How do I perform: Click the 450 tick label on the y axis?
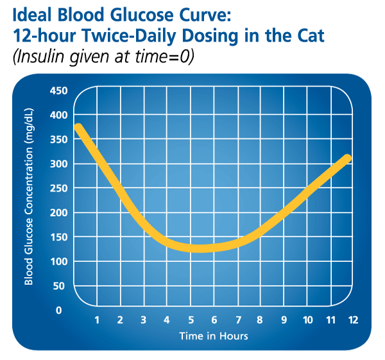[58, 90]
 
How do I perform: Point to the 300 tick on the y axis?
[58, 164]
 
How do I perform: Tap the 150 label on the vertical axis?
[58, 237]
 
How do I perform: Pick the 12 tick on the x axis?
[354, 320]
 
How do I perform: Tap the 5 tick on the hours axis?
[191, 320]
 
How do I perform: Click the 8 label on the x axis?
[261, 320]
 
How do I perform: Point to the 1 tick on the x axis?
[97, 320]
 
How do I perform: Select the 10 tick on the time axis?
[307, 320]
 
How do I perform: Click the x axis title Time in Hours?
[214, 336]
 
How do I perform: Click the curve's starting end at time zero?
[78, 127]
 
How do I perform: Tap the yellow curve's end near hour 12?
[348, 157]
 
